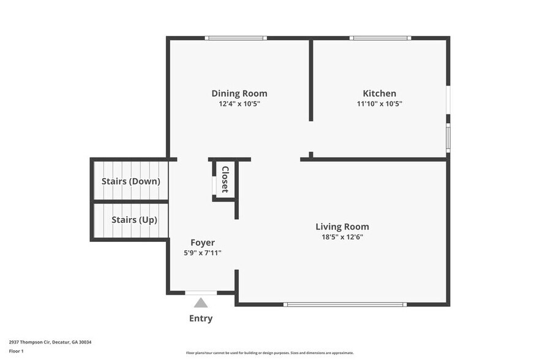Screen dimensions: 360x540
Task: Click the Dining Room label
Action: [x=239, y=94]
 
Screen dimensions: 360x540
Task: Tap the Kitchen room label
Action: [x=380, y=94]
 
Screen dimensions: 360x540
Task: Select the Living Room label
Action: [x=342, y=227]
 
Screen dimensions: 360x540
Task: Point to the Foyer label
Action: [x=202, y=242]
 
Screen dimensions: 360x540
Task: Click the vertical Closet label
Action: [x=225, y=179]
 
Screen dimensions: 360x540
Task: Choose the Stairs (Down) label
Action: [x=130, y=181]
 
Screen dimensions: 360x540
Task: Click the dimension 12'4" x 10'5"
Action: [x=239, y=104]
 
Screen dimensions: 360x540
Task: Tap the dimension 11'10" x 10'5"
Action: [x=380, y=104]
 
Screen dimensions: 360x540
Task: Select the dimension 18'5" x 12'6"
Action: [x=342, y=237]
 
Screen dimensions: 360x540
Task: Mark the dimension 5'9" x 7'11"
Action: [x=202, y=252]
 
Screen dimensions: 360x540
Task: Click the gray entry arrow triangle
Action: [x=201, y=302]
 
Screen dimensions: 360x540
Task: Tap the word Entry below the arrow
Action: [x=201, y=318]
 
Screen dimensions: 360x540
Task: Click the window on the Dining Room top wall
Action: [x=236, y=39]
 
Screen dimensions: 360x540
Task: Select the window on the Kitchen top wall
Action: [x=380, y=39]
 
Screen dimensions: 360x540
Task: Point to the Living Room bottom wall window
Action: [x=345, y=304]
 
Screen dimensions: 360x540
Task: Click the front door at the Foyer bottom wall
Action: [x=201, y=293]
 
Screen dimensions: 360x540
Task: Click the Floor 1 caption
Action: [x=16, y=351]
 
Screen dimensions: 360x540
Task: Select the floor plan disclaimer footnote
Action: [x=269, y=353]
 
